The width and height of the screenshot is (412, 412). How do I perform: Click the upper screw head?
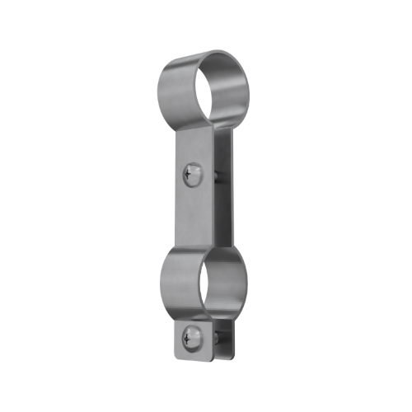192,173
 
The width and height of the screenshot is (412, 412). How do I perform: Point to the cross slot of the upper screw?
191,173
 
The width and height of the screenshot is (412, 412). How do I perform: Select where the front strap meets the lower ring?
194,247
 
